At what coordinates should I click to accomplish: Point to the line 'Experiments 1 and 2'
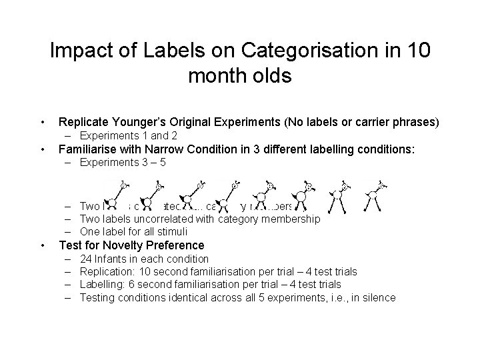point(128,135)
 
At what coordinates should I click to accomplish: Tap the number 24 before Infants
point(85,259)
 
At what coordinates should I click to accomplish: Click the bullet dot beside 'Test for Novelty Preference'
point(43,245)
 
